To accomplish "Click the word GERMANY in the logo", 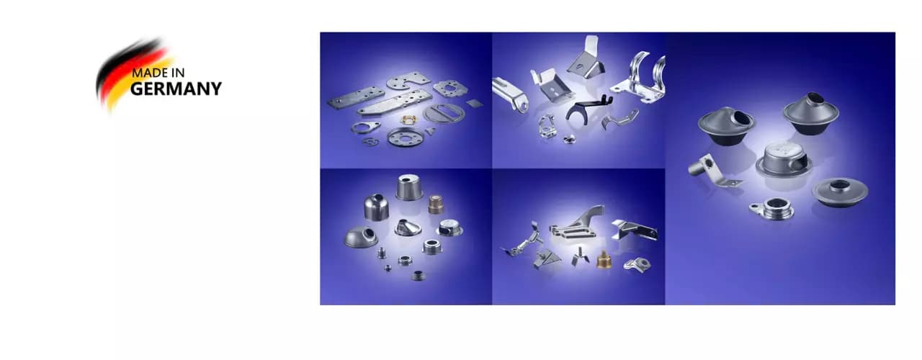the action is [176, 89].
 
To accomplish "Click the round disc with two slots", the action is [444, 112].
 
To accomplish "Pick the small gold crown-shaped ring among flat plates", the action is [408, 120].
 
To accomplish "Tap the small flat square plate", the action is [475, 103].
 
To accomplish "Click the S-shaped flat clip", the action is [370, 142].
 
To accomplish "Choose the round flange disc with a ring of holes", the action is [406, 137].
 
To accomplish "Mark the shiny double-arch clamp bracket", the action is [638, 79].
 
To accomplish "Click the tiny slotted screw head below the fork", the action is [569, 140].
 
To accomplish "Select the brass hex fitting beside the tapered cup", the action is [436, 204].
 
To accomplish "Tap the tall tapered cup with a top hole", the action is [409, 187].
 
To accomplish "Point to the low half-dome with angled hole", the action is [361, 237].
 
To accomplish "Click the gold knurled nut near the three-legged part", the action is [604, 260].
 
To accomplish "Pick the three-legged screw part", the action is [581, 256].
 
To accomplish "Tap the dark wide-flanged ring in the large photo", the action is [840, 192].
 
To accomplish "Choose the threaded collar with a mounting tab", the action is [771, 208].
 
